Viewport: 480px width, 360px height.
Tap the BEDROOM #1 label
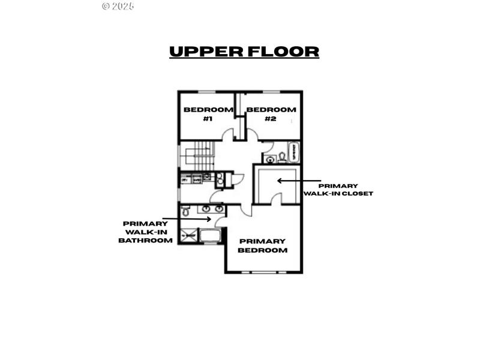point(208,114)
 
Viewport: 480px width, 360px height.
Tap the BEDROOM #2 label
point(271,114)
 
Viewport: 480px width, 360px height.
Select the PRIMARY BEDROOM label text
point(263,245)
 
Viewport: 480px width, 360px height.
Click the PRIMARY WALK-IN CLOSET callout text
point(338,190)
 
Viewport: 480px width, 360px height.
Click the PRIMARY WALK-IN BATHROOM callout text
point(145,232)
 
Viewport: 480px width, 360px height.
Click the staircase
point(197,155)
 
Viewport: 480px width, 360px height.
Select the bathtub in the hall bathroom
point(293,152)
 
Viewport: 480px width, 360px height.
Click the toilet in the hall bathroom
point(282,158)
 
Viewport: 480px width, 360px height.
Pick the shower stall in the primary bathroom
point(188,236)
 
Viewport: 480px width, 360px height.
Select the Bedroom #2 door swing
point(252,136)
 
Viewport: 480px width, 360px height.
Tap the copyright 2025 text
point(118,6)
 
